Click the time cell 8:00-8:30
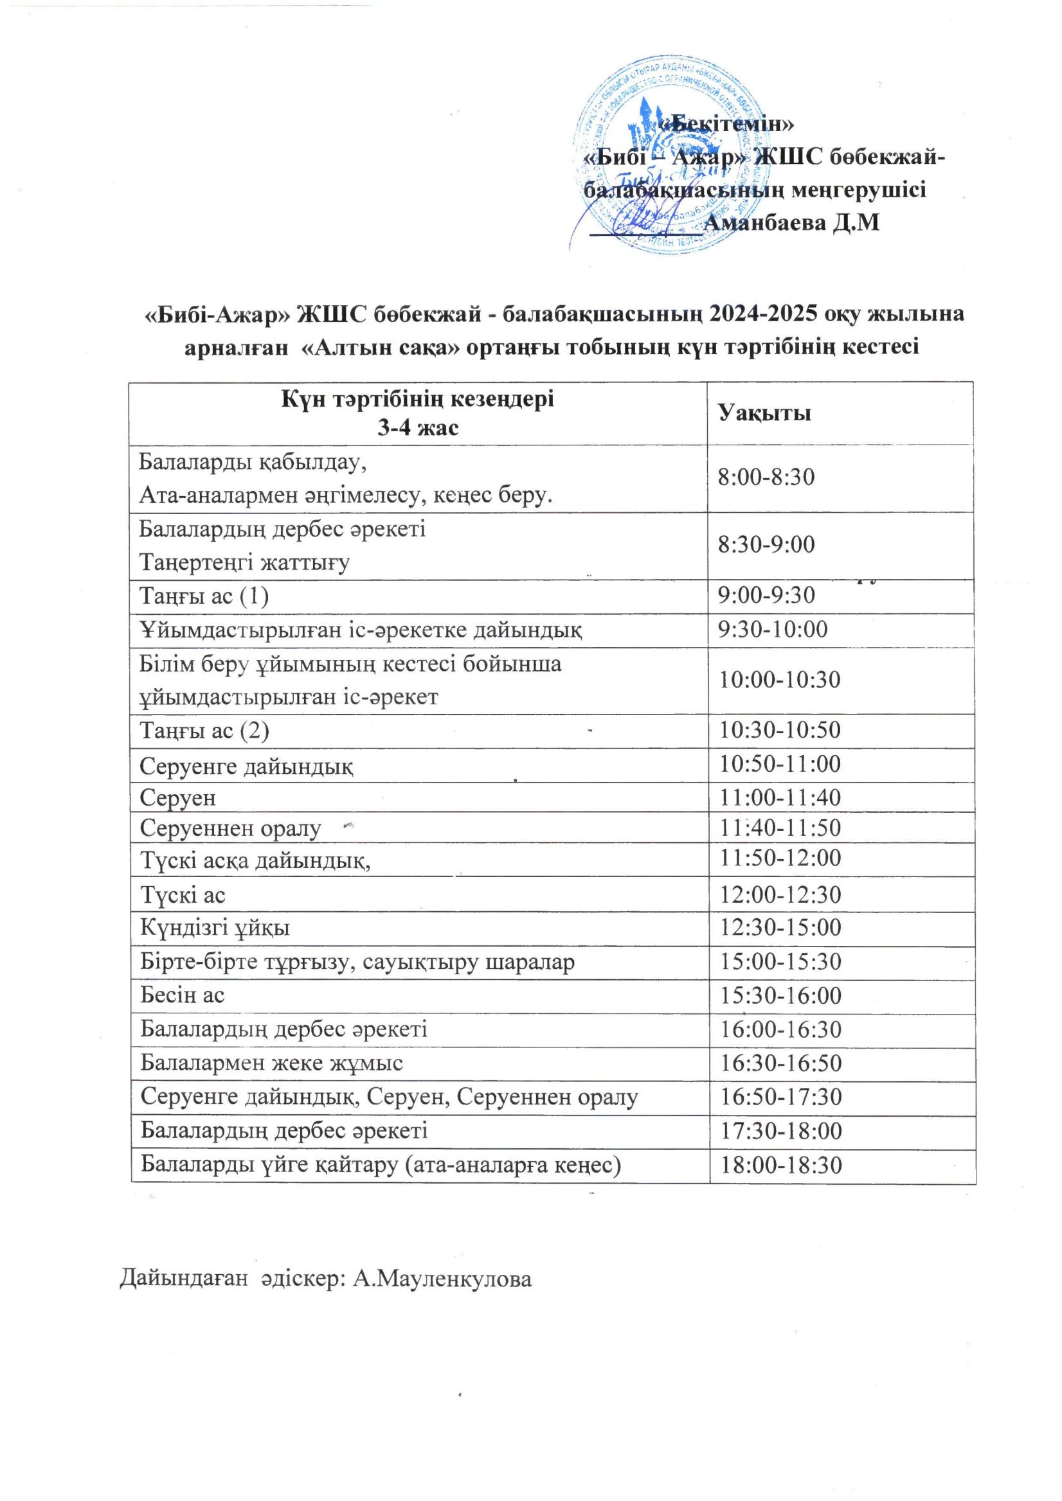766,477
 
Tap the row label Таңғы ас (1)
204,596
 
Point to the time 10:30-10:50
780,729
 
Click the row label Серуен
178,798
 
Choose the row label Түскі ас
183,895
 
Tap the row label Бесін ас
183,995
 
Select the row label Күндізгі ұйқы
215,928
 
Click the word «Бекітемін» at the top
726,124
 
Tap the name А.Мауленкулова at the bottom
442,1279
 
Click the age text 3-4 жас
418,428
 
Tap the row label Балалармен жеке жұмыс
271,1063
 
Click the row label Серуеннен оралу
231,829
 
